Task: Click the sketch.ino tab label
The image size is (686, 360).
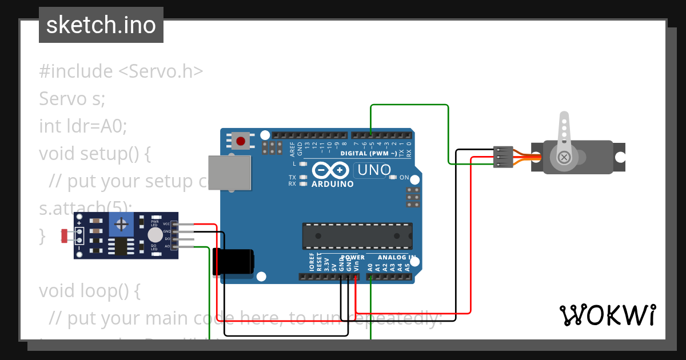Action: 101,25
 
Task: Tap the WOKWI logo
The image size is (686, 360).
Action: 607,315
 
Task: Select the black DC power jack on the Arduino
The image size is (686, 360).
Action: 233,262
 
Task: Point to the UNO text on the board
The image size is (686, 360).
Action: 374,170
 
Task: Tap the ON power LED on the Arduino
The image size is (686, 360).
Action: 393,177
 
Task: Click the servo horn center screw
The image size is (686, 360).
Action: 564,157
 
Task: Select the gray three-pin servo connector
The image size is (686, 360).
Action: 501,157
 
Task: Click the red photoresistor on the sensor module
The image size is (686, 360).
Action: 65,234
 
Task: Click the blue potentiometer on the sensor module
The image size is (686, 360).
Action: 121,224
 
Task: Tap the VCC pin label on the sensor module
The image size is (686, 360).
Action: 166,224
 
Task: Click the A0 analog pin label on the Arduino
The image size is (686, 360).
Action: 370,266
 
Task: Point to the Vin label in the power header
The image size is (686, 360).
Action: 356,266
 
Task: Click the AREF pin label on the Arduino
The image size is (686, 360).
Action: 292,149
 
